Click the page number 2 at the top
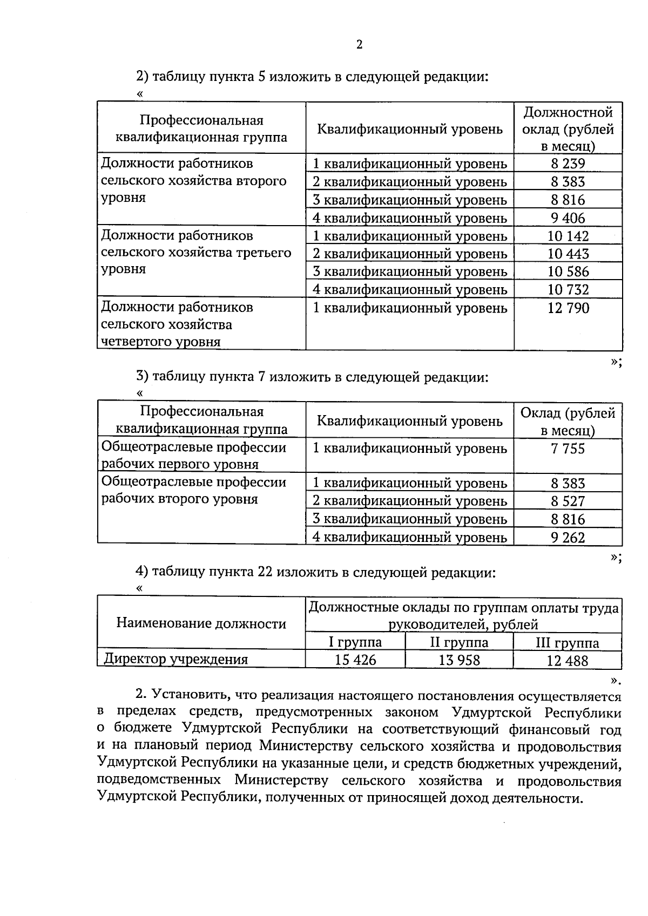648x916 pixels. pos(359,45)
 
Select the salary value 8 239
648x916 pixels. pos(568,164)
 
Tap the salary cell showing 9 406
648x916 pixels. pos(568,218)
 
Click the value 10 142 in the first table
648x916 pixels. pos(568,236)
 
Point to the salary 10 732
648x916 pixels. pos(568,289)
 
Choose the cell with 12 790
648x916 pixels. pos(568,308)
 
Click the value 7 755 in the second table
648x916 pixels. pos(568,449)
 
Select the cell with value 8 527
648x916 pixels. pos(568,501)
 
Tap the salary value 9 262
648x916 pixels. pos(568,537)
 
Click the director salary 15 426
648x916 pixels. pos(355,660)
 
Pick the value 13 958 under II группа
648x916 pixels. pos(459,660)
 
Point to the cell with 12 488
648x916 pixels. pos(567,660)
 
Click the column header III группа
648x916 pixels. pos(567,643)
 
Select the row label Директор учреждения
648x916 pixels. pos(176,659)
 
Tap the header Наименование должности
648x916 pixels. pos(201,623)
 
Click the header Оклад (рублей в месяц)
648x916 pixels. pos(568,422)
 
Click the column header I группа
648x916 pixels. pos(355,642)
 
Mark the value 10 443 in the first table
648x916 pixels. pos(568,254)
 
